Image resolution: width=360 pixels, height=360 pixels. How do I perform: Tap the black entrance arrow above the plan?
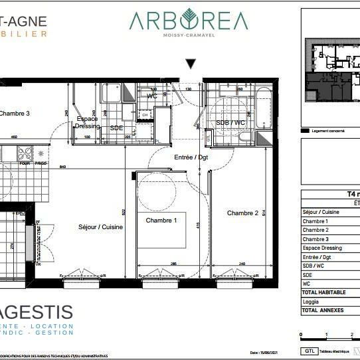[x=191, y=64]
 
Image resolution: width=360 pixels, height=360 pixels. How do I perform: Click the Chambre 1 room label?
[x=161, y=220]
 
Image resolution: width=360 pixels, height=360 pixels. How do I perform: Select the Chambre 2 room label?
[x=242, y=213]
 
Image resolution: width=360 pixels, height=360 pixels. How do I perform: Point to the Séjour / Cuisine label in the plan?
[x=100, y=226]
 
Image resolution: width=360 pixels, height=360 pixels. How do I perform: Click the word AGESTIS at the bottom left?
[x=37, y=312]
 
